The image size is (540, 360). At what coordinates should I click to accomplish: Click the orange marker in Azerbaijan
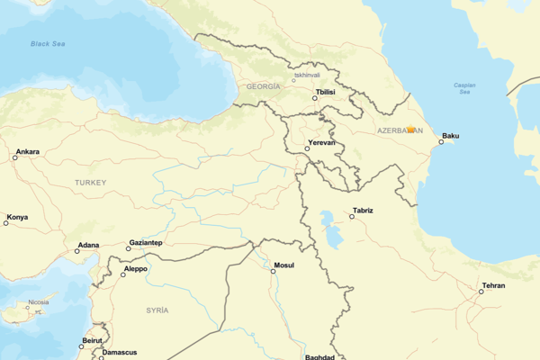(410, 130)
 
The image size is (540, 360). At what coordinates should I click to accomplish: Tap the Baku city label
(451, 137)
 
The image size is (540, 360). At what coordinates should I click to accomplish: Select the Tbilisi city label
(325, 92)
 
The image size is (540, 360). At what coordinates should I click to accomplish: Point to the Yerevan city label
(320, 143)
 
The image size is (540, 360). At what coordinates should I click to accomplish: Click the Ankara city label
(27, 152)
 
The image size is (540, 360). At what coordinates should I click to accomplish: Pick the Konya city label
(17, 217)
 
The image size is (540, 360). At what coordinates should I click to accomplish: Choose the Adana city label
(88, 245)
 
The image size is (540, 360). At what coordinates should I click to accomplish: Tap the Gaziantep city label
(146, 243)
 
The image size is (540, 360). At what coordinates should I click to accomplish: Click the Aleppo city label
(135, 268)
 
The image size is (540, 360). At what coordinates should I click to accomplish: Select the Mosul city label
(283, 266)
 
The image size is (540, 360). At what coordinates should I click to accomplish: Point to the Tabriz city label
(363, 211)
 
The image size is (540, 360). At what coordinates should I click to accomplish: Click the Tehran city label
(493, 286)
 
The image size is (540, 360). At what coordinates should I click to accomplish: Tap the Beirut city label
(92, 340)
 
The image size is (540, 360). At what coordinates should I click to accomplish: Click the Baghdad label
(319, 356)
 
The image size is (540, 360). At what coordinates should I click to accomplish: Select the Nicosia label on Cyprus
(38, 302)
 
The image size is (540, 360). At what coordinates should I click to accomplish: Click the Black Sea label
(49, 43)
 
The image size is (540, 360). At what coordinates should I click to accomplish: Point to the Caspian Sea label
(465, 88)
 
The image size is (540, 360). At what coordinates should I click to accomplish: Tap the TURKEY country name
(90, 183)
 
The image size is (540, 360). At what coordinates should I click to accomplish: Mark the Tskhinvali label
(307, 76)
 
